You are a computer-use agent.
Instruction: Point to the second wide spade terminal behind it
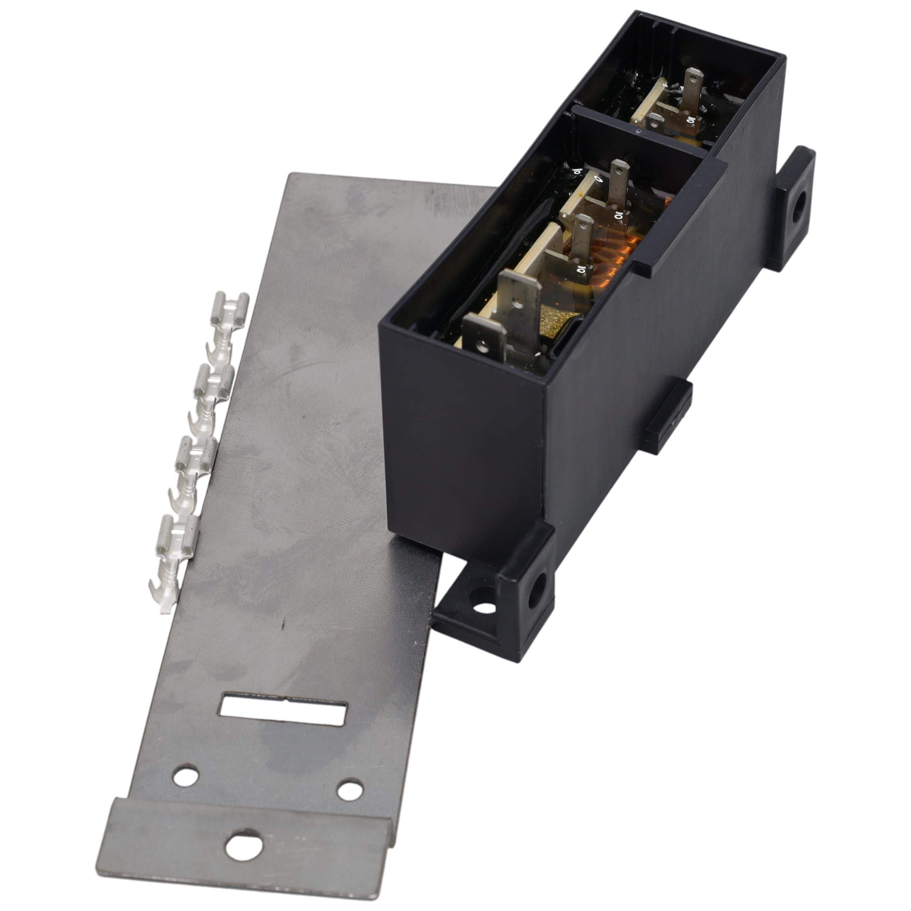tap(519, 302)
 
